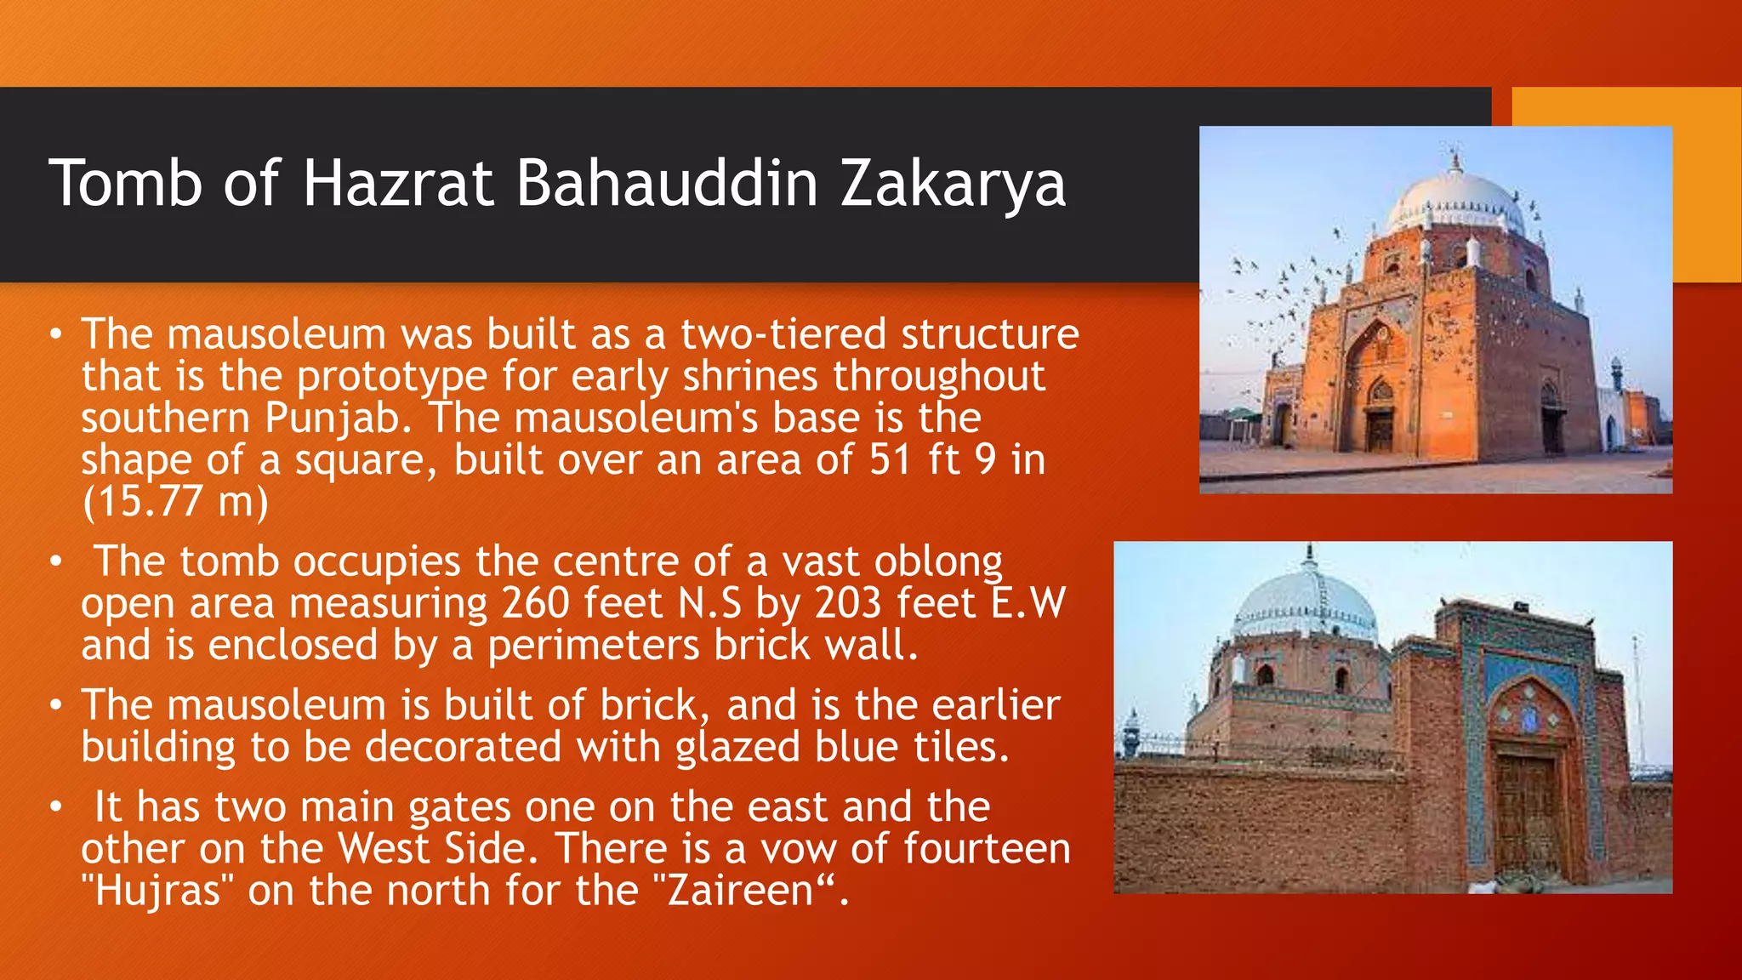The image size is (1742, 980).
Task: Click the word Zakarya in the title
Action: click(x=953, y=184)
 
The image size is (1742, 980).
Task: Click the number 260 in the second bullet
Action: click(x=535, y=603)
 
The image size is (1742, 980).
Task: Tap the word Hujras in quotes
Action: click(x=157, y=891)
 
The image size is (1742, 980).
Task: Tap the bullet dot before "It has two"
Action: click(x=55, y=806)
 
